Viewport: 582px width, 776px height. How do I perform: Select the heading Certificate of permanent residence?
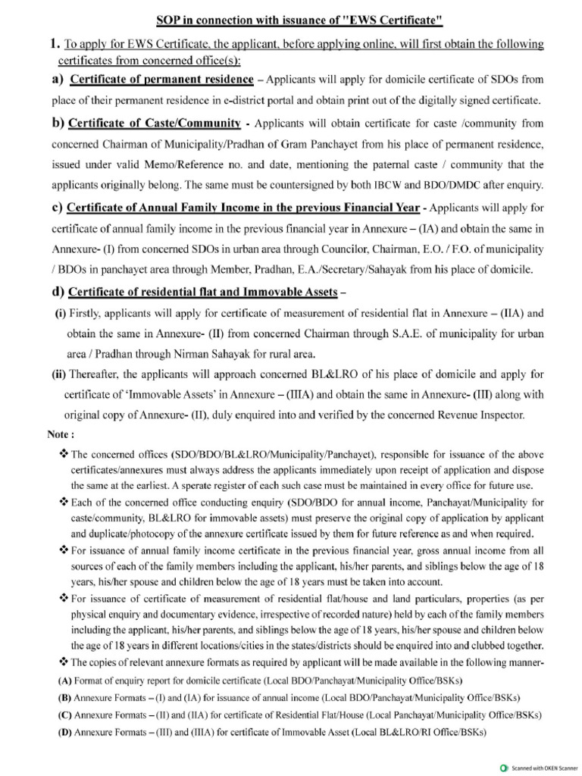[160, 80]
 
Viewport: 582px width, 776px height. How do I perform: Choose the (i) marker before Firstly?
[60, 313]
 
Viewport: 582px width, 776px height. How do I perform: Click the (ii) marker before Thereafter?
[60, 374]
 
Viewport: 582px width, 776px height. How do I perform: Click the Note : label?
[61, 435]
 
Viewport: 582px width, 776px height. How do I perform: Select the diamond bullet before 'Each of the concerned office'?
[64, 502]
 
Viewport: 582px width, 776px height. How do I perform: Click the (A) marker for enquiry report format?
[64, 679]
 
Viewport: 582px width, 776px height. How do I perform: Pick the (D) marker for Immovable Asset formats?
[64, 732]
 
